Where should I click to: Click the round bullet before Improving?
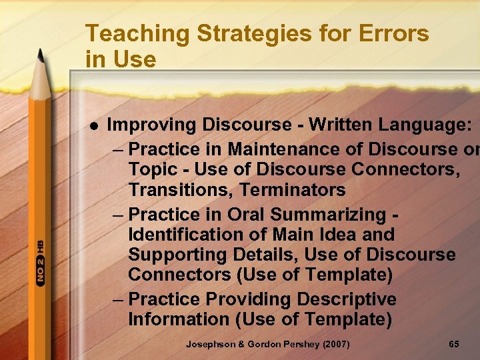coord(94,125)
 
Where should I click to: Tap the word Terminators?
coord(293,190)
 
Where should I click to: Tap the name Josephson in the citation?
coord(210,344)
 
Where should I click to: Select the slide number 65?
coord(454,344)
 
